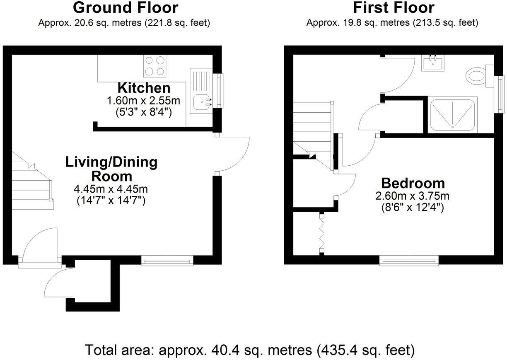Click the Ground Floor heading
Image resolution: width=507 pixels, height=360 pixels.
(x=126, y=7)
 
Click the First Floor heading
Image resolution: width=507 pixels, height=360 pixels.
(x=394, y=7)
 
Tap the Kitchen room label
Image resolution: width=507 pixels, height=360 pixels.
(x=144, y=88)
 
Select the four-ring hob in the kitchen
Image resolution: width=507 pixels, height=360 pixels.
(x=155, y=66)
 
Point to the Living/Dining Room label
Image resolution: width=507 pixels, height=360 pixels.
(x=111, y=169)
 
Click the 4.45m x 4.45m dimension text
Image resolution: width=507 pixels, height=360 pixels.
(x=111, y=189)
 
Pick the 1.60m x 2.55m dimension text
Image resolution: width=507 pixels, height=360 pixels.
(x=144, y=100)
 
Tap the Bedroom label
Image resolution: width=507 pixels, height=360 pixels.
(x=413, y=183)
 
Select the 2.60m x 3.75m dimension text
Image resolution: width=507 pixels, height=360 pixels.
(x=413, y=196)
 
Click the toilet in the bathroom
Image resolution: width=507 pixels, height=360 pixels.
(x=478, y=75)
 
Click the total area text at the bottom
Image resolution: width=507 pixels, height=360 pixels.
(x=249, y=350)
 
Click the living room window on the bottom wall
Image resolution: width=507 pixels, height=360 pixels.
(x=167, y=260)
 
